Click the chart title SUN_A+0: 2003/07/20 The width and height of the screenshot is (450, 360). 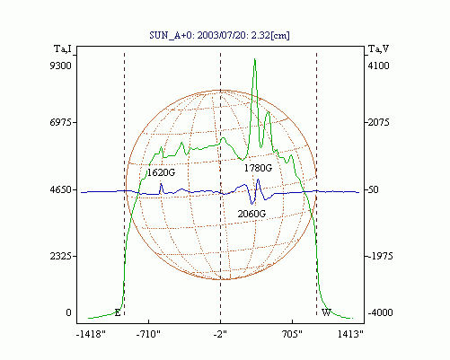tap(193, 35)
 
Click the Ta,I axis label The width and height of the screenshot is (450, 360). tap(63, 48)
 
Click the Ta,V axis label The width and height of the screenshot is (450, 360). tap(378, 48)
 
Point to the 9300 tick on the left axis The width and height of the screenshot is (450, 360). tap(61, 66)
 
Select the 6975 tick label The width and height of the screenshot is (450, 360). tap(61, 122)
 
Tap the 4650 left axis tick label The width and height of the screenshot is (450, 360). tap(61, 189)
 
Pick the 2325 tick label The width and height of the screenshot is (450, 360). tap(61, 256)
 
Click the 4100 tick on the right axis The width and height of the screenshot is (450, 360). tap(378, 66)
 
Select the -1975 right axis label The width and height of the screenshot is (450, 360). tap(380, 256)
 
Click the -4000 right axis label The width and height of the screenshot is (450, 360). tap(380, 312)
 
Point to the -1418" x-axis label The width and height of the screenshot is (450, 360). tap(91, 334)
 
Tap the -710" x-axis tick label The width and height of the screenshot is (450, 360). tap(148, 334)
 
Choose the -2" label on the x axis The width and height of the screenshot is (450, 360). tap(220, 334)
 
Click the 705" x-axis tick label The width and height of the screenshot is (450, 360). tap(292, 334)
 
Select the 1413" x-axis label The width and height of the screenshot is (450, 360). tap(350, 334)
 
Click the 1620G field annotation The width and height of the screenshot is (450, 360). tap(161, 172)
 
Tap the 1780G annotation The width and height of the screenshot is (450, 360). tap(258, 168)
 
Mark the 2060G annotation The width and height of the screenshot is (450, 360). tap(251, 214)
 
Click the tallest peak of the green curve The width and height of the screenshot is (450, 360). tap(255, 59)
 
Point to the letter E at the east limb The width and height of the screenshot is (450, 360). tap(118, 313)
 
